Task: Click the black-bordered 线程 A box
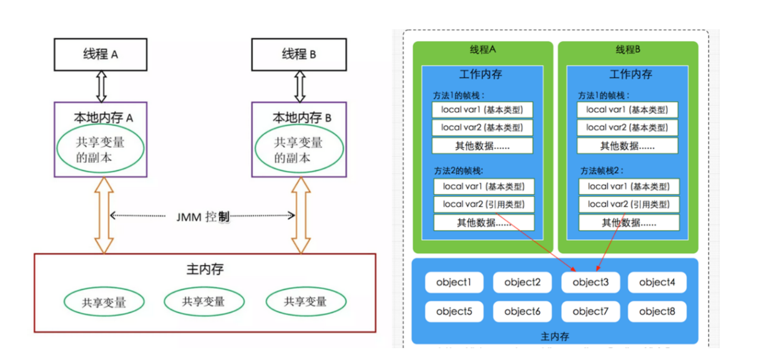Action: (x=100, y=54)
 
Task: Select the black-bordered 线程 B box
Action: (x=299, y=54)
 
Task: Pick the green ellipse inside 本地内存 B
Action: (x=299, y=150)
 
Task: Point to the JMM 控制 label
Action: (x=203, y=216)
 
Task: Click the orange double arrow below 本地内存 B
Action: (x=301, y=215)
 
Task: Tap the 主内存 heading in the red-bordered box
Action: (x=205, y=270)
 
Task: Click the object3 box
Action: (x=590, y=282)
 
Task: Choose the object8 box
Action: (x=657, y=311)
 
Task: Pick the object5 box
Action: (x=454, y=311)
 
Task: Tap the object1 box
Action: (x=454, y=282)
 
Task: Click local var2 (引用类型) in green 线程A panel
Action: (x=484, y=204)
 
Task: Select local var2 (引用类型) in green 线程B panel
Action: (x=629, y=204)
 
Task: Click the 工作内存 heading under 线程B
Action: (x=630, y=74)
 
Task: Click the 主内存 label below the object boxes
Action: (x=555, y=336)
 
